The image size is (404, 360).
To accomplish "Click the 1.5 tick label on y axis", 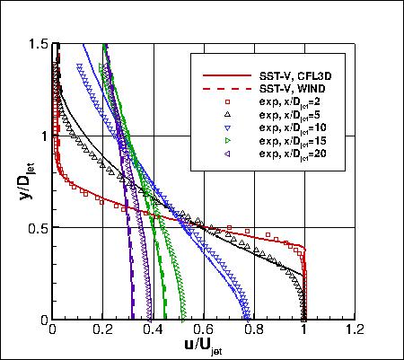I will (x=37, y=43).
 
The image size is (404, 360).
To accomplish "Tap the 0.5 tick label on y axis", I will (x=37, y=227).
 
